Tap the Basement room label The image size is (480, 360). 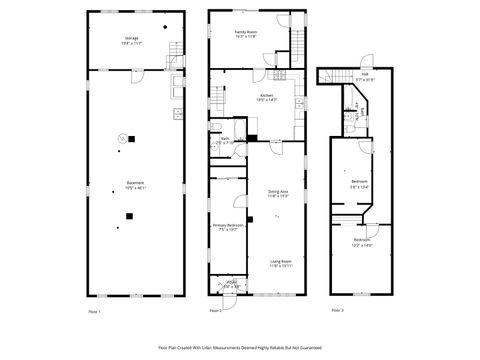coord(134,185)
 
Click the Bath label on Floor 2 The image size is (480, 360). coord(225,141)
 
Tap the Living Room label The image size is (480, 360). coord(279,263)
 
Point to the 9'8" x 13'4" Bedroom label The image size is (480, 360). coord(360,182)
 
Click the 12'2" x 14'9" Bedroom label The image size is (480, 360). coord(361,242)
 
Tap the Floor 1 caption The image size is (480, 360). coord(95,313)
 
